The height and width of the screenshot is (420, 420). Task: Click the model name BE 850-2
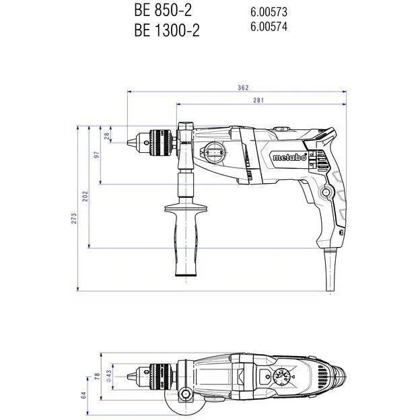pos(162,11)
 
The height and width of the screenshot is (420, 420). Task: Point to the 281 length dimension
pos(258,100)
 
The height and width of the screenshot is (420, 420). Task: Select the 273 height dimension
pos(75,219)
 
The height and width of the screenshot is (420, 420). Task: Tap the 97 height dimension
pos(97,155)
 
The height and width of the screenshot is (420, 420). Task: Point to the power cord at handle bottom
pos(330,269)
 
